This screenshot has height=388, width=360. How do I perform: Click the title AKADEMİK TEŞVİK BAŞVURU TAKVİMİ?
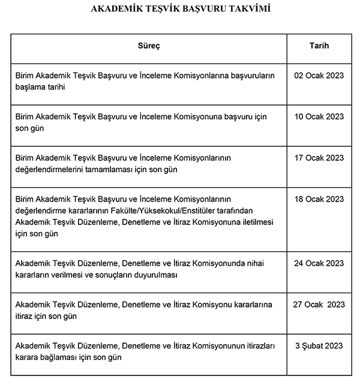click(x=179, y=10)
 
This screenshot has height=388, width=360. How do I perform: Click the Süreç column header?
click(x=149, y=46)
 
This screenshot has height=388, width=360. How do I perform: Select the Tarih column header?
click(x=319, y=46)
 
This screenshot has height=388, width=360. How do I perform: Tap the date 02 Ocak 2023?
click(x=319, y=76)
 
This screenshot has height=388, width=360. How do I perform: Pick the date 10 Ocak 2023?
click(x=319, y=117)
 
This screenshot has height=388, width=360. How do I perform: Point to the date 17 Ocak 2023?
click(x=319, y=158)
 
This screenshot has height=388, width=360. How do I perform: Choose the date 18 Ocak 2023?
click(x=319, y=200)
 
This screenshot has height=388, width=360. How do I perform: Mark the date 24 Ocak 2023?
click(x=319, y=263)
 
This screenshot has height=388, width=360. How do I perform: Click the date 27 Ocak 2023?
click(x=319, y=305)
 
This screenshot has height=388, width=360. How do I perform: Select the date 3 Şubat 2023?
click(x=319, y=346)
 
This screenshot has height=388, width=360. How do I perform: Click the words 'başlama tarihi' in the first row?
click(x=40, y=87)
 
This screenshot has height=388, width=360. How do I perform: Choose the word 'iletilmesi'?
click(x=255, y=222)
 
